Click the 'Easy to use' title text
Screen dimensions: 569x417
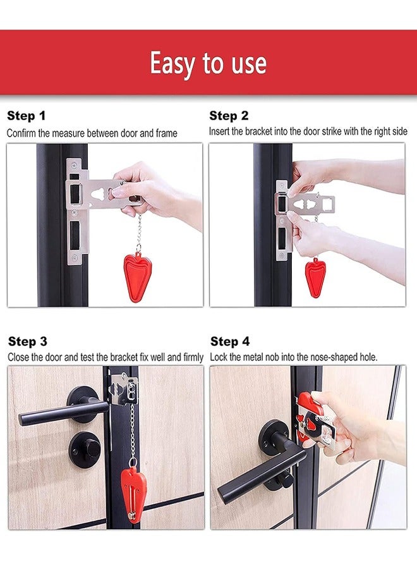click(x=208, y=63)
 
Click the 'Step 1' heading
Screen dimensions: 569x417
click(x=26, y=116)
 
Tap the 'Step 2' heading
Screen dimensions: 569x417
click(x=229, y=116)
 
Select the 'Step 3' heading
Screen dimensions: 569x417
click(x=27, y=341)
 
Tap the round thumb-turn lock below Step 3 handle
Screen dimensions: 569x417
click(x=84, y=450)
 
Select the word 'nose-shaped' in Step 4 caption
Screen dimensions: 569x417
click(x=327, y=357)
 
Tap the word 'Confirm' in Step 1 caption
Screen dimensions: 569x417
click(x=21, y=133)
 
